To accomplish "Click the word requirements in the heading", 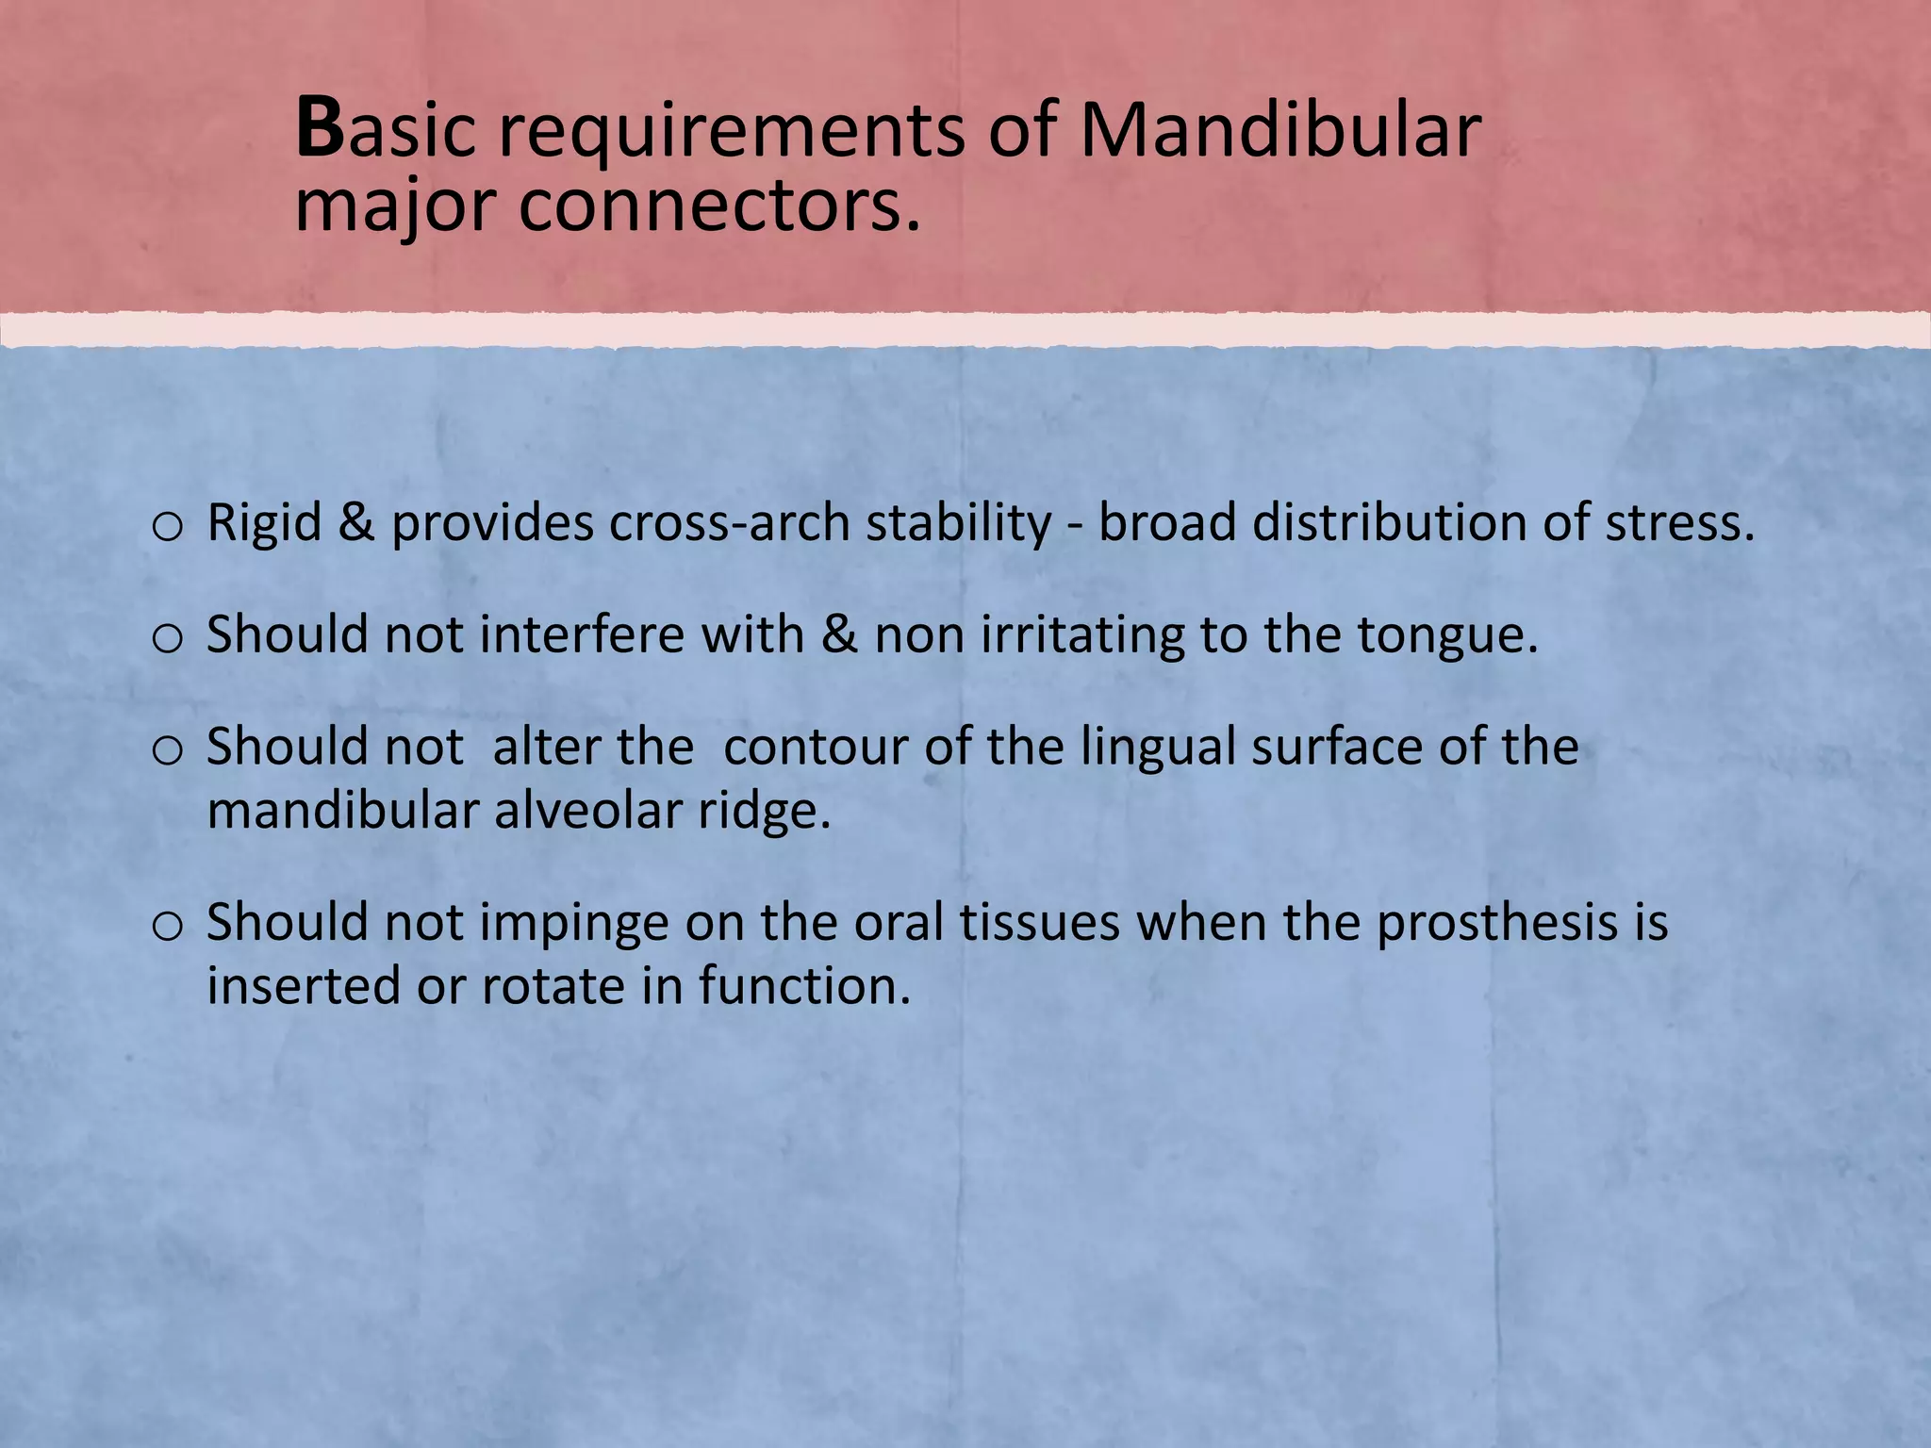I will click(x=731, y=132).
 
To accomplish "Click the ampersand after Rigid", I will click(x=356, y=523).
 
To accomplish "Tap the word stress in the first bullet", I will click(x=1678, y=523).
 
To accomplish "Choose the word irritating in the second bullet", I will click(x=1082, y=634).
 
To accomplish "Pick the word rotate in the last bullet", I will click(x=553, y=987).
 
